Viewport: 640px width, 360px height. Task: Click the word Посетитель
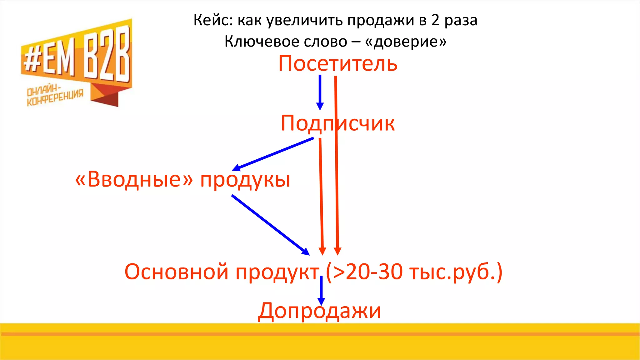click(x=337, y=63)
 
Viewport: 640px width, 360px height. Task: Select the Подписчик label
click(x=337, y=123)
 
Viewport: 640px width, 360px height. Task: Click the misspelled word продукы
click(x=245, y=180)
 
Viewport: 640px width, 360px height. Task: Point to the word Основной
click(x=176, y=272)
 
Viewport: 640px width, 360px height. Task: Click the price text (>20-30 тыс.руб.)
click(x=414, y=272)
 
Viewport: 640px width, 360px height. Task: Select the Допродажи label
click(x=319, y=311)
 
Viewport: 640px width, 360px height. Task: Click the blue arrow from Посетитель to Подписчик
click(x=320, y=92)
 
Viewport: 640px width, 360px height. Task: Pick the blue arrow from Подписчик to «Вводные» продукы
click(x=273, y=154)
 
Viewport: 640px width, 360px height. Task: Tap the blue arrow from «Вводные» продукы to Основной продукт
click(x=270, y=225)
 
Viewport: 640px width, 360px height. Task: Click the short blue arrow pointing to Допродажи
click(x=321, y=291)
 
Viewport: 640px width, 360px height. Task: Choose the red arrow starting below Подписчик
click(x=321, y=197)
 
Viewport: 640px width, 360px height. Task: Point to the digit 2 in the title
click(x=435, y=21)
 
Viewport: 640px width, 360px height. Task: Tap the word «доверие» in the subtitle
click(x=406, y=42)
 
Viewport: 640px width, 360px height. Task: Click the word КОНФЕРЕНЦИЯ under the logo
click(x=55, y=98)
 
